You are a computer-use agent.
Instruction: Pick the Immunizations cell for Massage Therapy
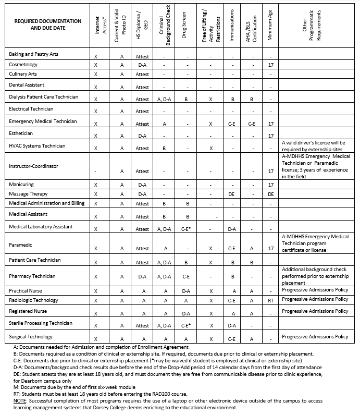pyautogui.click(x=232, y=194)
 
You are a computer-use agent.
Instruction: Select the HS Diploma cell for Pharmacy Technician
pyautogui.click(x=142, y=277)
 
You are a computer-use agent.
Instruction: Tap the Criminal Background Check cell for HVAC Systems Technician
pyautogui.click(x=164, y=149)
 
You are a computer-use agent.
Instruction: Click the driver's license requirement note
pyautogui.click(x=315, y=145)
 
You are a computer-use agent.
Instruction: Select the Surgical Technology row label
pyautogui.click(x=31, y=337)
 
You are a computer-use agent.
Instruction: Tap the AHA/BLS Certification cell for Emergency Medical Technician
pyautogui.click(x=252, y=124)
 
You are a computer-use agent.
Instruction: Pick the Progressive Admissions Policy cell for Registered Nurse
pyautogui.click(x=315, y=311)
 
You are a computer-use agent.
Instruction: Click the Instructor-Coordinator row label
pyautogui.click(x=33, y=166)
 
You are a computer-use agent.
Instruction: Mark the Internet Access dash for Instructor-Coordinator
pyautogui.click(x=96, y=171)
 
